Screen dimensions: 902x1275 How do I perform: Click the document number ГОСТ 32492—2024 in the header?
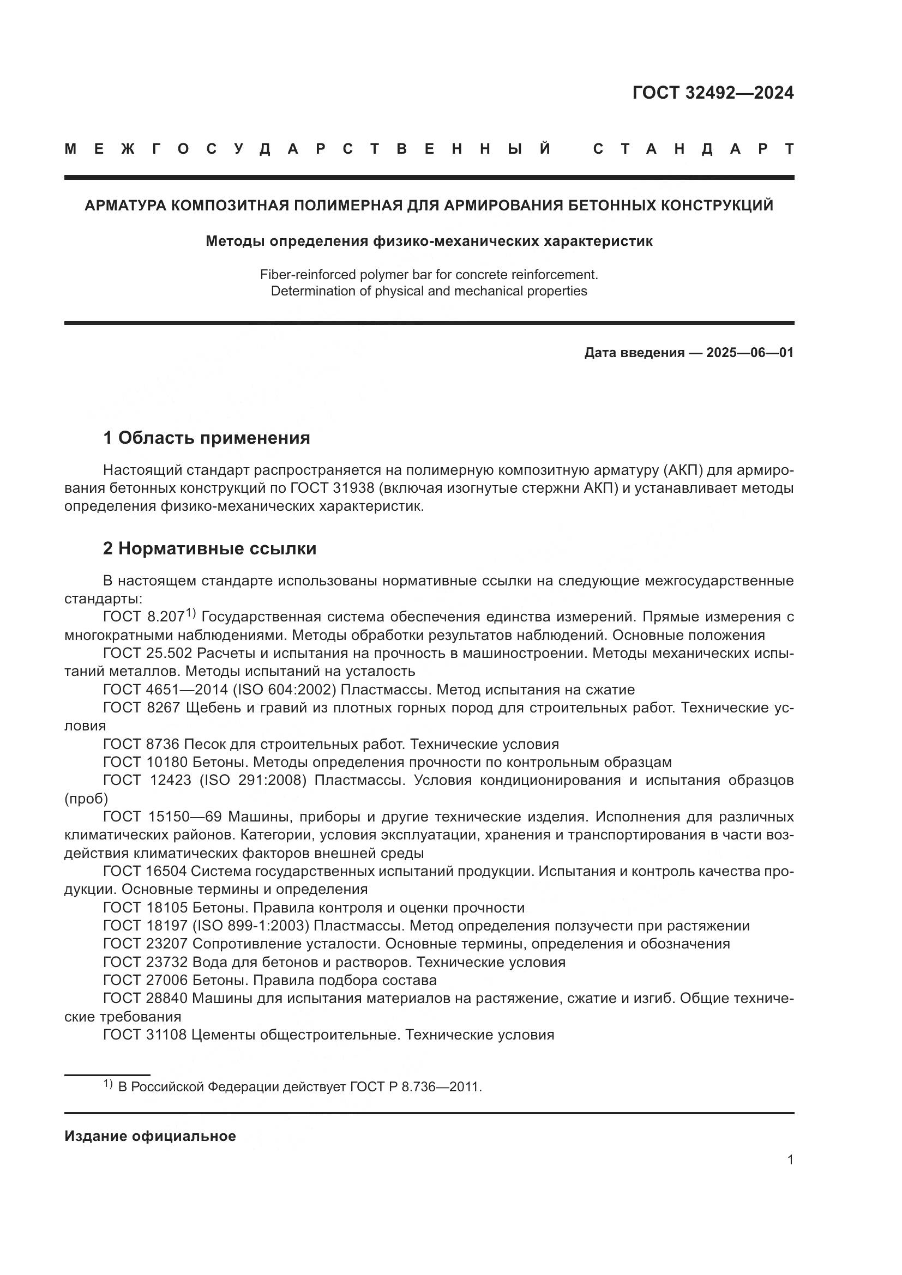coord(713,93)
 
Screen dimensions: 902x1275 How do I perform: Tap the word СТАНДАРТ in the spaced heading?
coord(693,149)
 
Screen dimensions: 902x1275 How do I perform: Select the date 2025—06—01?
coord(750,353)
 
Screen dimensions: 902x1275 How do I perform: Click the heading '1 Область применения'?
coord(206,438)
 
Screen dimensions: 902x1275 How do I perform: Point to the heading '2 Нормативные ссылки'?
coord(209,549)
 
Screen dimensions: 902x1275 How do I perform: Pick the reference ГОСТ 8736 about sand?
coord(141,744)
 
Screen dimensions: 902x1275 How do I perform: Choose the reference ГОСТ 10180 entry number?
coord(146,762)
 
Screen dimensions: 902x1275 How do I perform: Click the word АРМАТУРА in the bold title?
coord(125,206)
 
